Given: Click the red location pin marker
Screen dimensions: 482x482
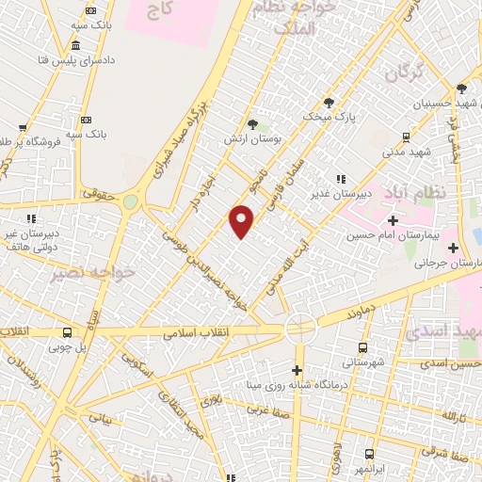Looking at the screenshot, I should coord(242,221).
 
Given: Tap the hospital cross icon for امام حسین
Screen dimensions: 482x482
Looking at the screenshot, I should coord(392,220).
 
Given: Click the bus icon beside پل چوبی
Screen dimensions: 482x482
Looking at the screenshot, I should coord(67,332).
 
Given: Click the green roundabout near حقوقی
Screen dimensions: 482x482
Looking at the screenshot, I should coord(130,201).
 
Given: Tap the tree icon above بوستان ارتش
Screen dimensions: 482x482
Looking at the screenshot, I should coord(252,122).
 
